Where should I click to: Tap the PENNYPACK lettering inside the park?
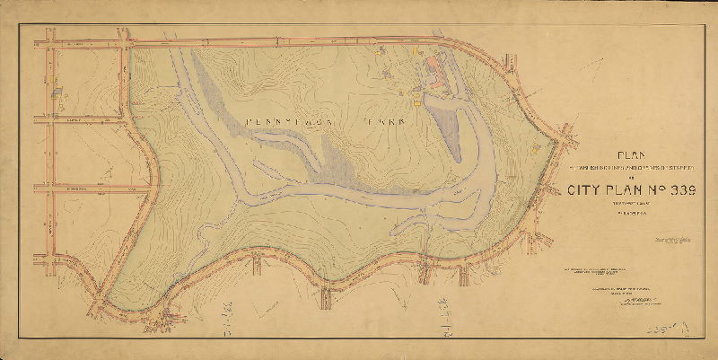pos(281,119)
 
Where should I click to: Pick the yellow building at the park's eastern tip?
pos(536,145)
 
